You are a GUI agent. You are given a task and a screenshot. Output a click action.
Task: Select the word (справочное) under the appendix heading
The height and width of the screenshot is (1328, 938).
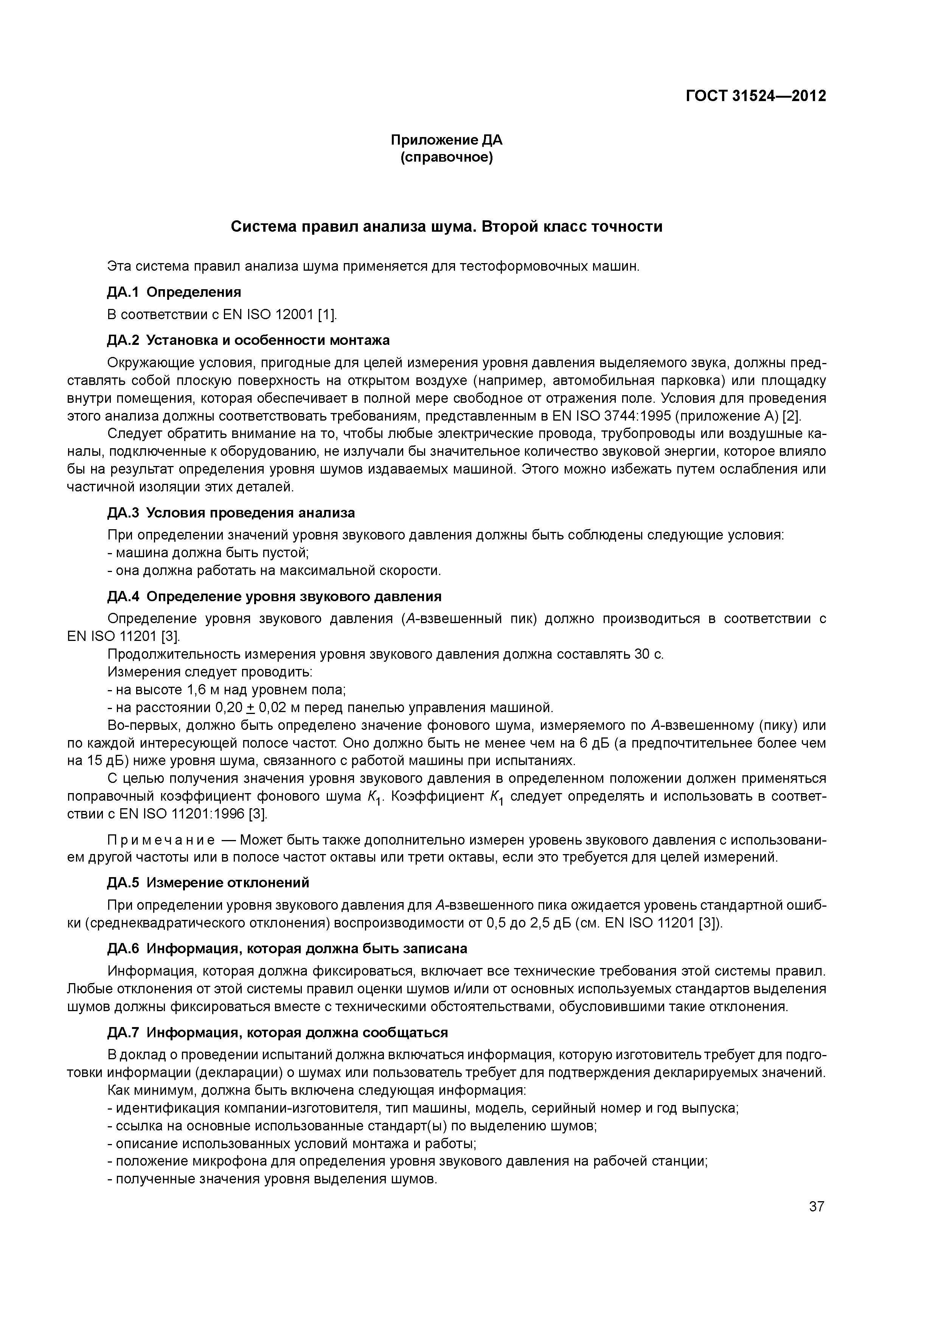point(446,157)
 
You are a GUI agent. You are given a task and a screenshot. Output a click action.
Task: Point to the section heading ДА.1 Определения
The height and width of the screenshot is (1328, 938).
point(174,292)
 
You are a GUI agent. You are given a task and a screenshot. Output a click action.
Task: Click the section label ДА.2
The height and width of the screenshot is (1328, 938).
point(123,340)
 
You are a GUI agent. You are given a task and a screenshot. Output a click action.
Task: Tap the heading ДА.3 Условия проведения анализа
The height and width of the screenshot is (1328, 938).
point(231,513)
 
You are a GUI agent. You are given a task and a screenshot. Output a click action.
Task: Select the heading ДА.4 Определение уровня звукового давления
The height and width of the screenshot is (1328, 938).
point(275,596)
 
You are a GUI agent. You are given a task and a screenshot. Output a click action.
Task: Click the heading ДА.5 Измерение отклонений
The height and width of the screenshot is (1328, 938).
point(208,883)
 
